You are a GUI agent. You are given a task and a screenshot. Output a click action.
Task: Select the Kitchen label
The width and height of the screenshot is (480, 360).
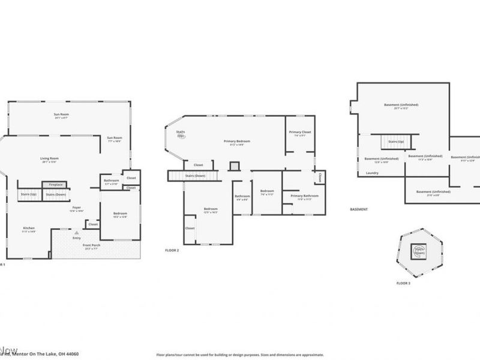click(29, 229)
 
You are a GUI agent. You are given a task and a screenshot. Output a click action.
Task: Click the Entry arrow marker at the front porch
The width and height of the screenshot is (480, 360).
click(76, 232)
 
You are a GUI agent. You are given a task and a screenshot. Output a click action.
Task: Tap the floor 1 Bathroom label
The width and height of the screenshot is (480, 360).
click(112, 181)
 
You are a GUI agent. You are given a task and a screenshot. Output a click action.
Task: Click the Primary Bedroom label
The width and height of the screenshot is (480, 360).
click(237, 142)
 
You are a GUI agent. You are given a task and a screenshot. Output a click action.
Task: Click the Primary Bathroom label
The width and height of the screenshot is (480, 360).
click(304, 196)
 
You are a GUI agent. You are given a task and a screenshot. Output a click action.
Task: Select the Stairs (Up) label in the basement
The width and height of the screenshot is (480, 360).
click(396, 142)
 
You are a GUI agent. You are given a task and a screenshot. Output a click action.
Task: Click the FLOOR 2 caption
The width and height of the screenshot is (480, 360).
click(172, 250)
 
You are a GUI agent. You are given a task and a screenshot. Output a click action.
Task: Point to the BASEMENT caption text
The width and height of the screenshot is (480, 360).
click(359, 209)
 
